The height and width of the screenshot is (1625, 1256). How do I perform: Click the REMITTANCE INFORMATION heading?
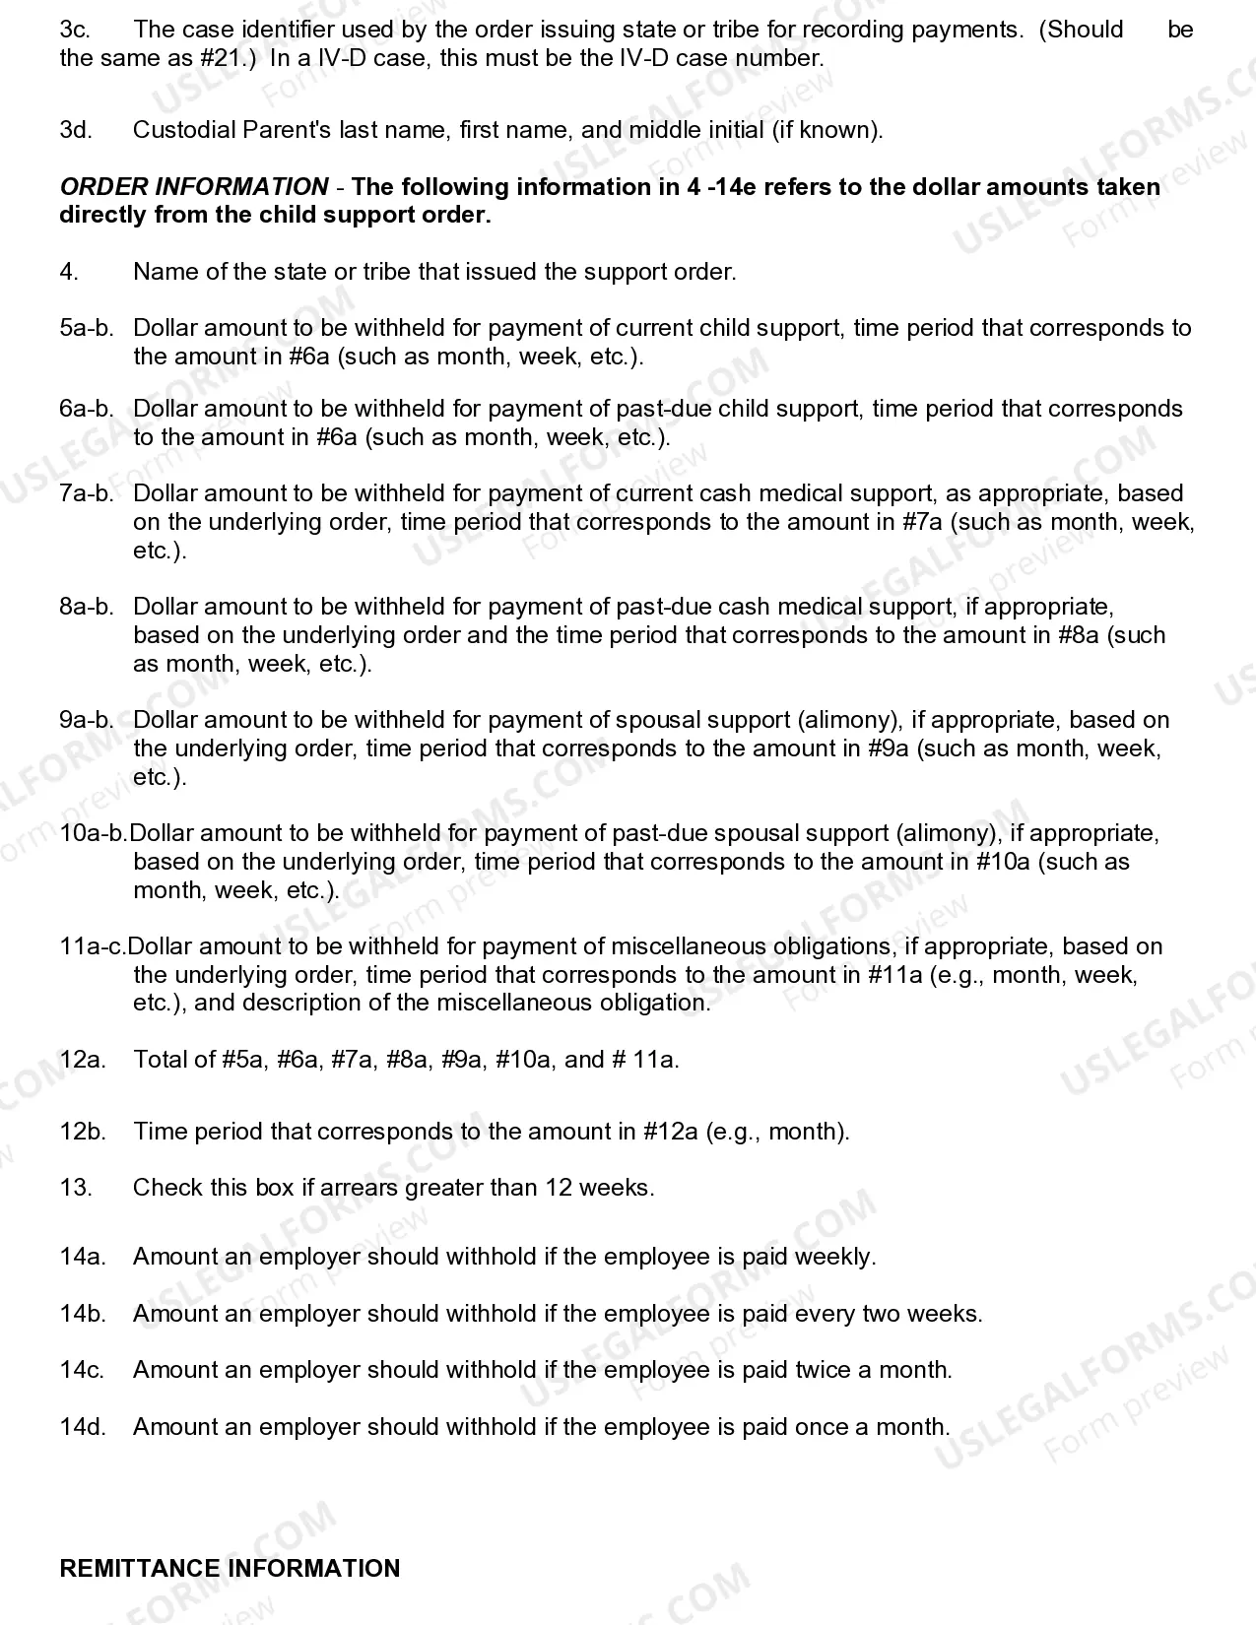click(x=230, y=1568)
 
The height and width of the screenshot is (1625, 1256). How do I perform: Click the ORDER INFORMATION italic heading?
click(x=194, y=187)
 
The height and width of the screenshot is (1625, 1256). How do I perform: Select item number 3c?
click(x=75, y=30)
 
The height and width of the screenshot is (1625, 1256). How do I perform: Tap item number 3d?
click(x=76, y=130)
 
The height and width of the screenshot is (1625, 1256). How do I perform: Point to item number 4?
click(x=68, y=272)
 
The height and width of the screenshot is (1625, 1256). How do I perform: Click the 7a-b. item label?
click(x=87, y=493)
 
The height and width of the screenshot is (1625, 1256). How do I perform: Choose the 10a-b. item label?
click(x=94, y=833)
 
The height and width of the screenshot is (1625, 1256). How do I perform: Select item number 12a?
click(x=83, y=1060)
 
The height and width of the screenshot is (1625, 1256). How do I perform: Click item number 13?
click(x=76, y=1188)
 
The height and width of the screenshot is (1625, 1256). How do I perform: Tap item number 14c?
click(x=82, y=1370)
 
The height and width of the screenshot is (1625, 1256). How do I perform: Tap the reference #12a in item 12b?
click(x=671, y=1132)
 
